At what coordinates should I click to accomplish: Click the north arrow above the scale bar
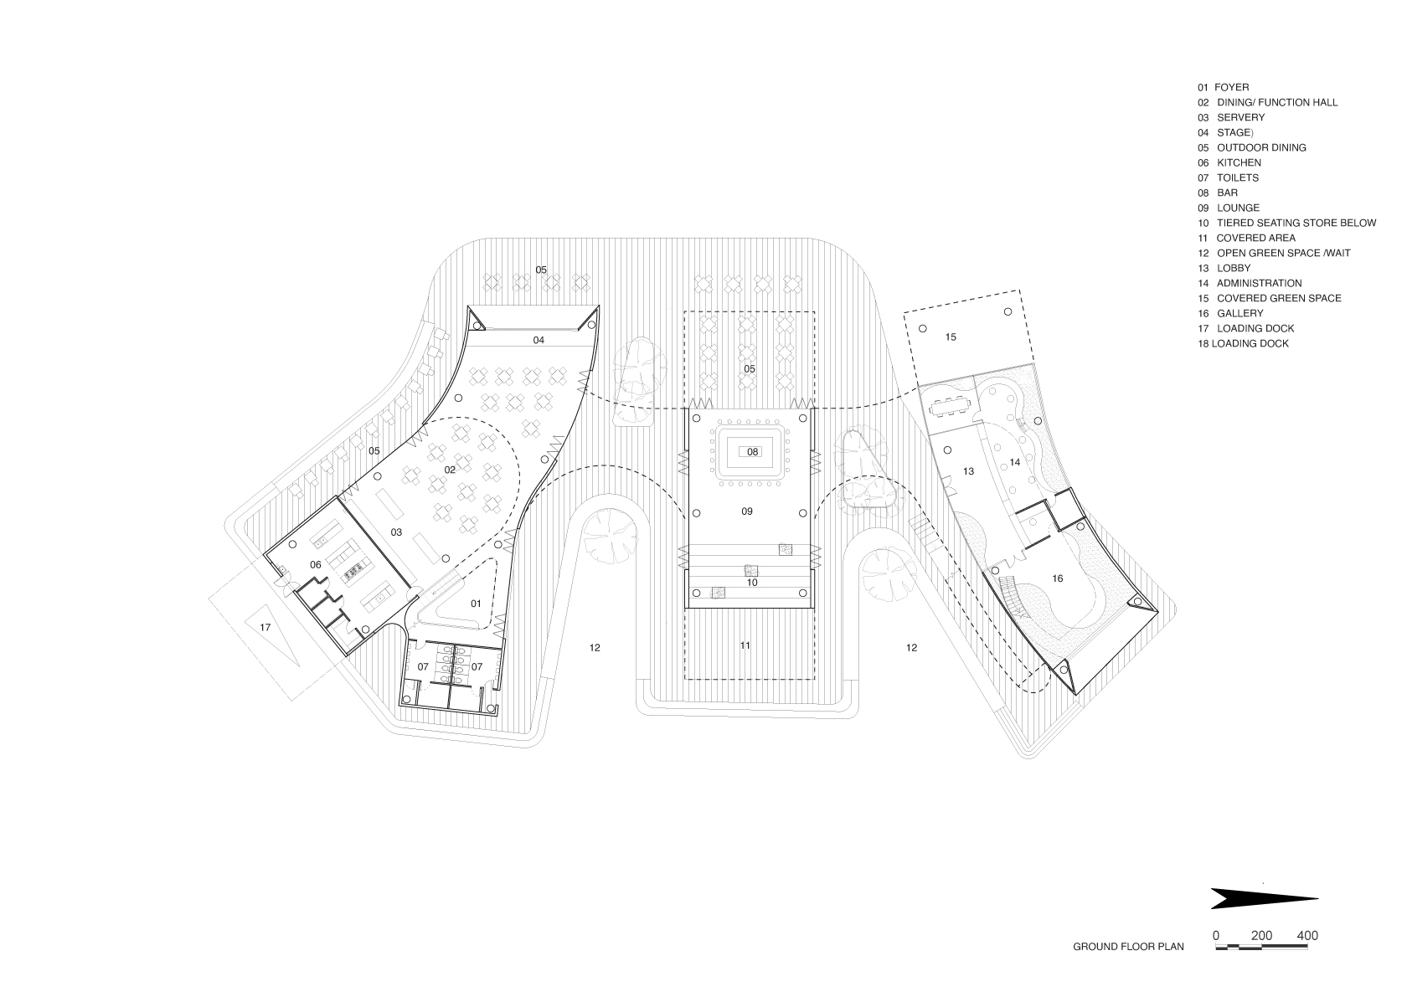(x=1264, y=898)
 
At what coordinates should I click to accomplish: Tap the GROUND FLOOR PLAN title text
(x=1128, y=947)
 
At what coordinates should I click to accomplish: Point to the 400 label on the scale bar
(x=1308, y=936)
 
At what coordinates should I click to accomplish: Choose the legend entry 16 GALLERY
(x=1230, y=313)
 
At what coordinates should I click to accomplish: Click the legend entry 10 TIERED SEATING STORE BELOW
(x=1286, y=223)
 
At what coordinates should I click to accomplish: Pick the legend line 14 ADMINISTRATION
(x=1250, y=283)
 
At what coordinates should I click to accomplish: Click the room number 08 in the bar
(x=752, y=451)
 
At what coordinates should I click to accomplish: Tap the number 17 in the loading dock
(x=265, y=627)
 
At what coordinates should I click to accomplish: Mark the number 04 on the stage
(x=539, y=340)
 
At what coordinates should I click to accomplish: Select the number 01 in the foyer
(x=476, y=604)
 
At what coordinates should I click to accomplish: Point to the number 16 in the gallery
(x=1057, y=579)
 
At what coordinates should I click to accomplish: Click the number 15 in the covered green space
(x=951, y=337)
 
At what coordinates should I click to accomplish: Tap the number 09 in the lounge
(x=746, y=511)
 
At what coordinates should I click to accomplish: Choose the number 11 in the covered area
(x=745, y=645)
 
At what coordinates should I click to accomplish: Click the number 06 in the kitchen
(x=315, y=565)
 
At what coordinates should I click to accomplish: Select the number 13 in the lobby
(x=968, y=470)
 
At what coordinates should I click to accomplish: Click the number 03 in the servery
(x=395, y=532)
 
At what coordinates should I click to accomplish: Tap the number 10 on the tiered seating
(x=752, y=583)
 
